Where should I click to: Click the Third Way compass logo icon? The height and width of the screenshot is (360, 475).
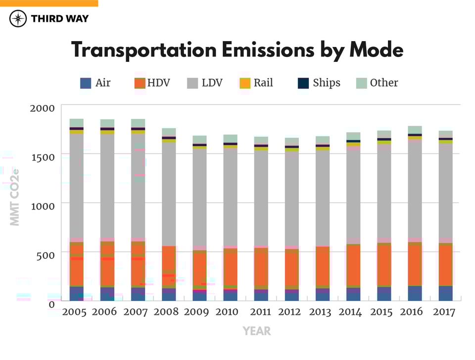18,19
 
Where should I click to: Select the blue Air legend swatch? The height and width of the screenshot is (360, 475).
86,83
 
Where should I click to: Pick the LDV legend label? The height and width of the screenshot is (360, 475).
212,83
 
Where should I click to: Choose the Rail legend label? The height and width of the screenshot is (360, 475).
263,83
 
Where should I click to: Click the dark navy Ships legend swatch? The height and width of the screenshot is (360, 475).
303,83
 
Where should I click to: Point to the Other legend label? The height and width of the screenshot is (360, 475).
384,83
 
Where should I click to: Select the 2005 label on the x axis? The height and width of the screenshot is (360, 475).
75,312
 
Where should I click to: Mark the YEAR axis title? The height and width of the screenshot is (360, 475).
257,331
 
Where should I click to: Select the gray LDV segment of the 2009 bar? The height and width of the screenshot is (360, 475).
199,198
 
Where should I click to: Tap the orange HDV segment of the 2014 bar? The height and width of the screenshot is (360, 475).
353,265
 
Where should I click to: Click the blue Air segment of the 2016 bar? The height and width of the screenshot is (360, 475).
415,293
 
